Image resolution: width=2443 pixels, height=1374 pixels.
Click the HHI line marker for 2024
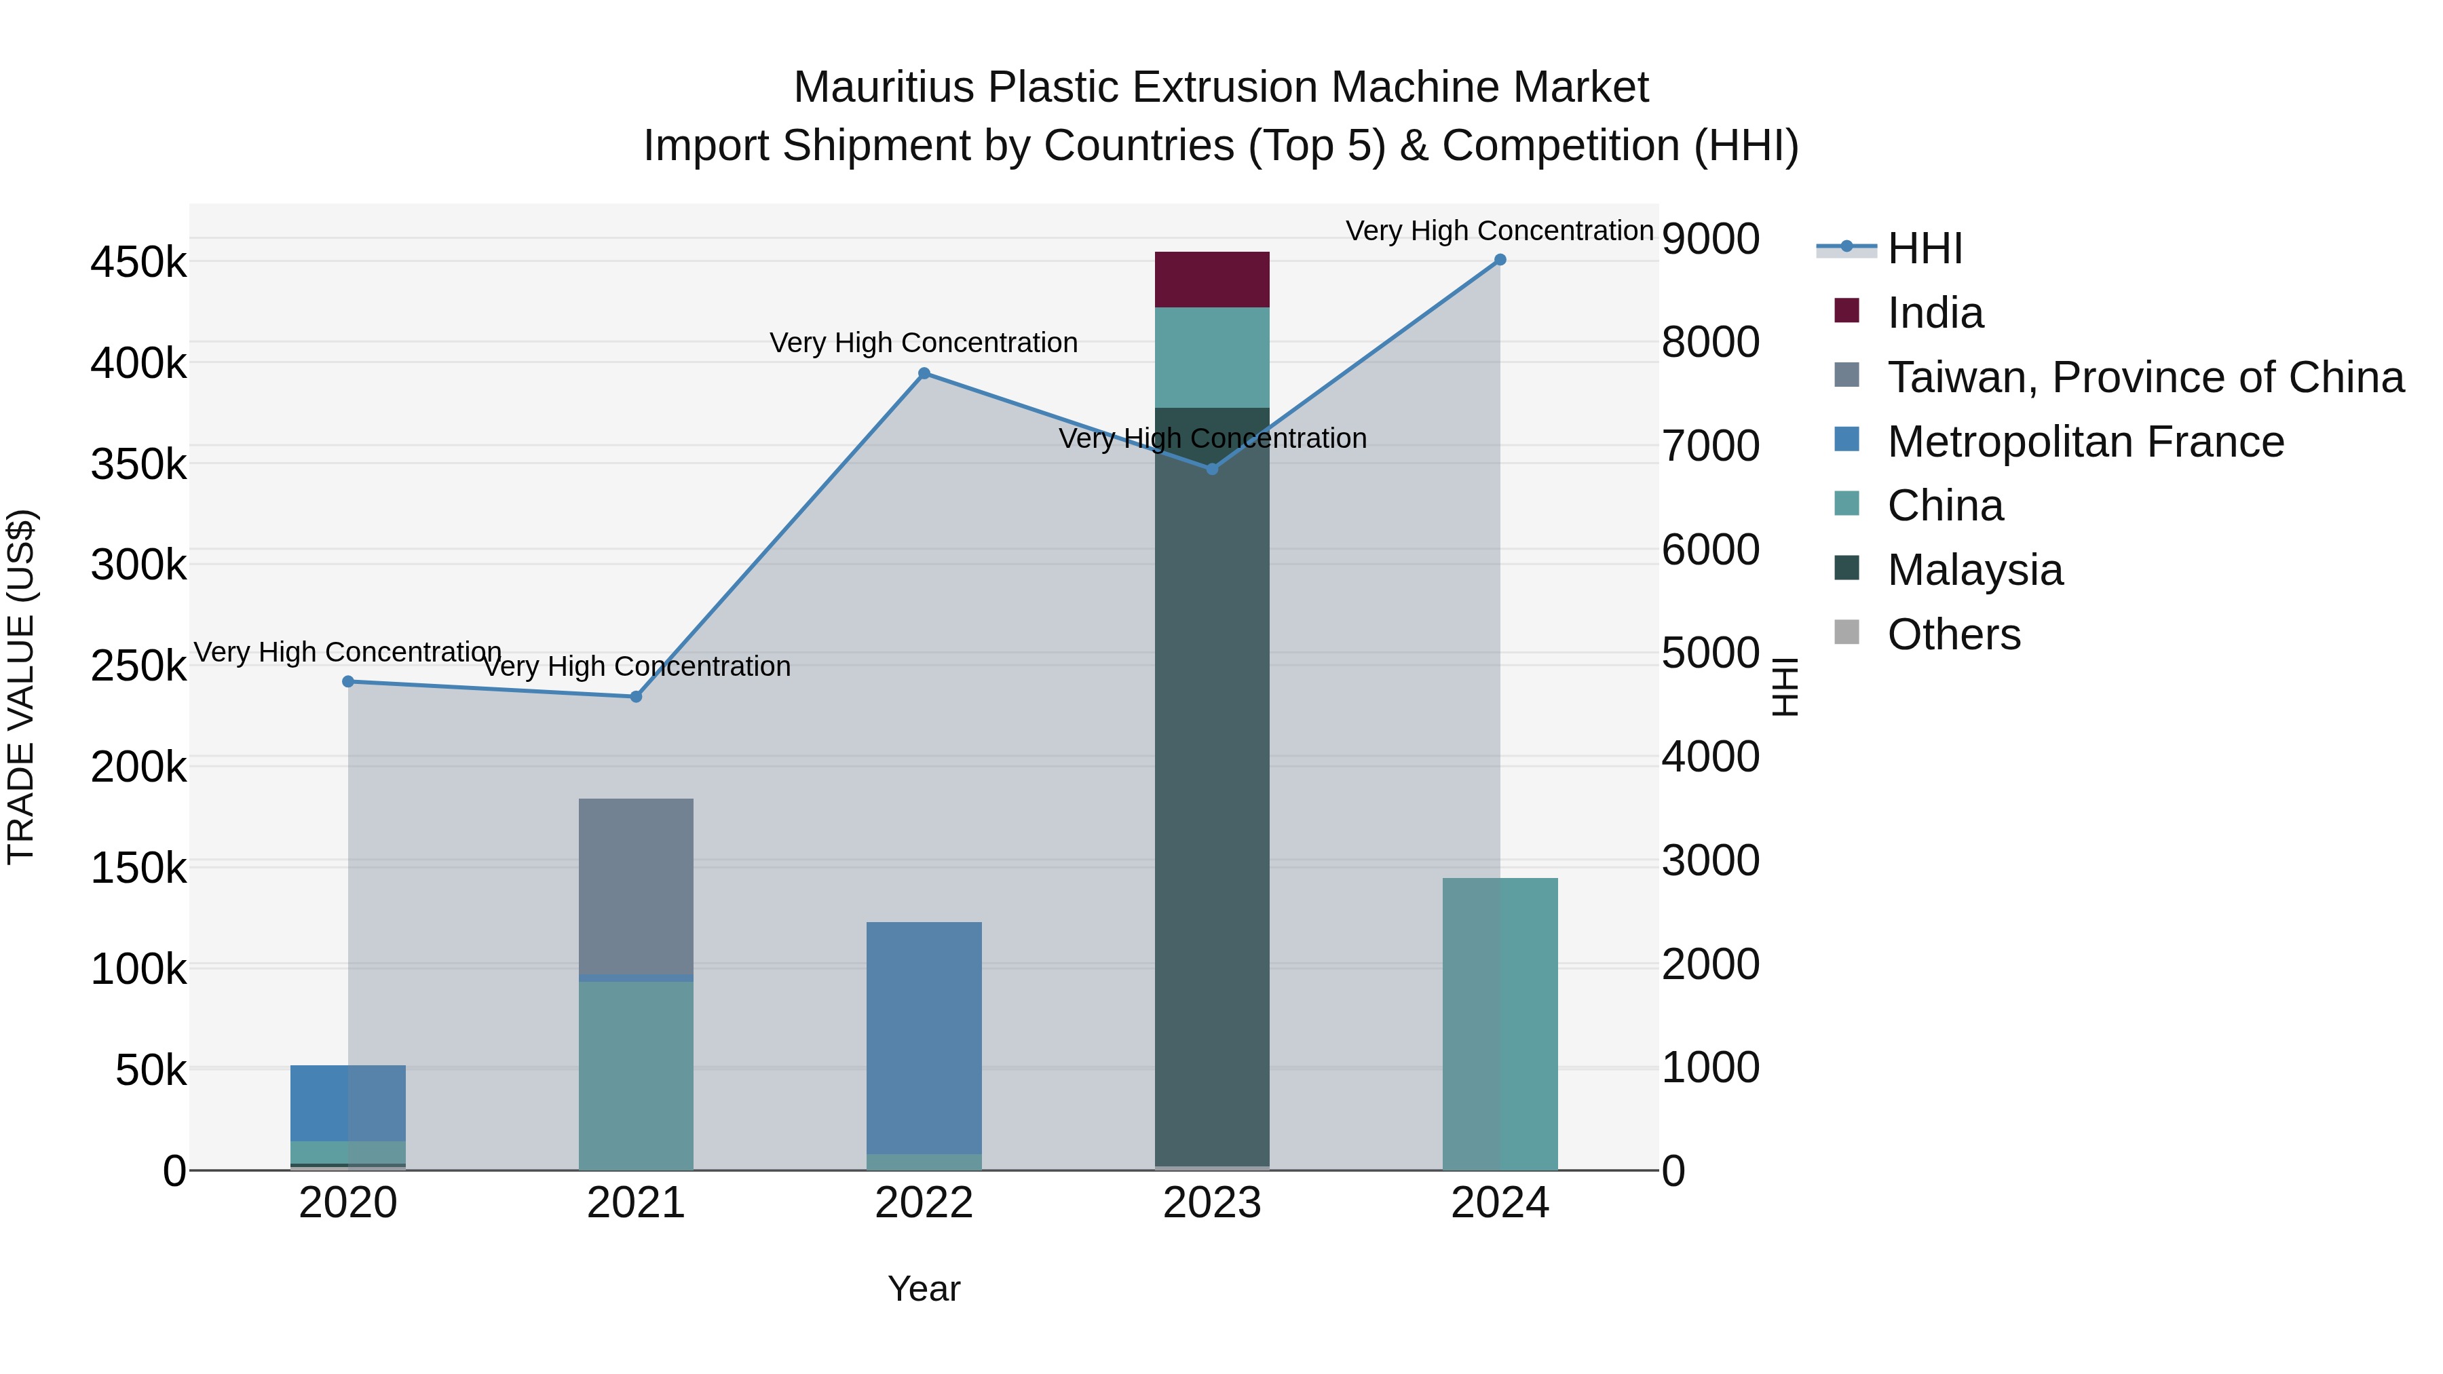tap(1499, 260)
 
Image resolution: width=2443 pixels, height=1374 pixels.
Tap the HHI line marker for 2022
tap(924, 374)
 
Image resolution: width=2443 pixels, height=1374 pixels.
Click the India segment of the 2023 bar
tap(1211, 280)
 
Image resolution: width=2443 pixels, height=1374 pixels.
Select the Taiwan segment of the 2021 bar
tap(635, 887)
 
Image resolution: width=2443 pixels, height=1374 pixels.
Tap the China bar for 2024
tap(1499, 1024)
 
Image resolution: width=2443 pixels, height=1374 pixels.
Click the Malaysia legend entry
tap(1975, 570)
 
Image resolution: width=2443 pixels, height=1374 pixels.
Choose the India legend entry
tap(1935, 313)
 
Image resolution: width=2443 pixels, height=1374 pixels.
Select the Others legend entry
tap(1954, 634)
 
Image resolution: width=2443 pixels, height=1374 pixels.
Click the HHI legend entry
tap(1925, 248)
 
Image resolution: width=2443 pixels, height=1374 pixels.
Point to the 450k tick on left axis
tap(138, 263)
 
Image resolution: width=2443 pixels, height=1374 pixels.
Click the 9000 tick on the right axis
tap(1710, 239)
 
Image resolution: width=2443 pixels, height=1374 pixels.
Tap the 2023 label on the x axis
tap(1212, 1203)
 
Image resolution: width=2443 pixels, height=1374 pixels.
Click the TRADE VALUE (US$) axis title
tap(21, 687)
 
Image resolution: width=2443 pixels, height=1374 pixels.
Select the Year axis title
tap(924, 1289)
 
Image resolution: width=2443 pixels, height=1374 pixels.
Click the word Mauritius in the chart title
tap(883, 88)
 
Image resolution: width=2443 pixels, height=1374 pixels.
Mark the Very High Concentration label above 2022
tap(924, 343)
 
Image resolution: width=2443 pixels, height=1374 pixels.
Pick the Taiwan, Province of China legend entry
tap(2145, 377)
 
